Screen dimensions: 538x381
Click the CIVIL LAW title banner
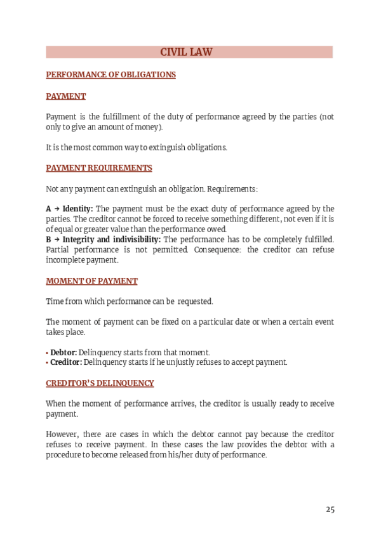pyautogui.click(x=190, y=52)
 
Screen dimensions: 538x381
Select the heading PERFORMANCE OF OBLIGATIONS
pyautogui.click(x=110, y=74)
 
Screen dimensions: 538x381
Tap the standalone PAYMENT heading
pyautogui.click(x=66, y=96)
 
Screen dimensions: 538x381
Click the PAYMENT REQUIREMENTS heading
pyautogui.click(x=99, y=168)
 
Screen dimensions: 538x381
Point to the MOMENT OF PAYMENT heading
pyautogui.click(x=91, y=280)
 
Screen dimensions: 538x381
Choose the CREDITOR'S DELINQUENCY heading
pyautogui.click(x=100, y=383)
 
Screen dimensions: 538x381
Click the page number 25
pyautogui.click(x=330, y=509)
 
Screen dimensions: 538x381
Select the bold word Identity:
pyautogui.click(x=77, y=209)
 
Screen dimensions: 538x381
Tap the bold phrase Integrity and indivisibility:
pyautogui.click(x=112, y=239)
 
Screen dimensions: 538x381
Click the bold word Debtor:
pyautogui.click(x=63, y=352)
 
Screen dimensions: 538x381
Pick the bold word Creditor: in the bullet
pyautogui.click(x=66, y=362)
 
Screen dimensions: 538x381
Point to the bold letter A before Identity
pyautogui.click(x=49, y=209)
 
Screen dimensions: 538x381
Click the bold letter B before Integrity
pyautogui.click(x=49, y=239)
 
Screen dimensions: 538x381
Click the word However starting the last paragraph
pyautogui.click(x=62, y=435)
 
